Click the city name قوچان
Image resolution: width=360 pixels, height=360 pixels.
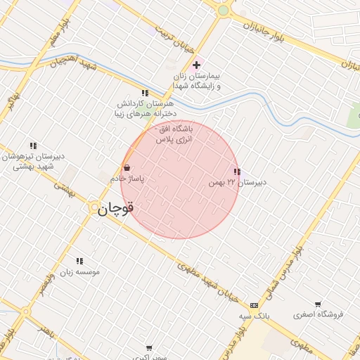[x=115, y=209]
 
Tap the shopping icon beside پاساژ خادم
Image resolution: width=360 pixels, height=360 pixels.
[x=127, y=168]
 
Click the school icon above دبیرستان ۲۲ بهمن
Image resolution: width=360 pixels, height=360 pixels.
[x=237, y=172]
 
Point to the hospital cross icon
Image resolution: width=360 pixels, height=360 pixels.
[x=196, y=65]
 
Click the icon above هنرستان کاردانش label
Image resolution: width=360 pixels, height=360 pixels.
[x=145, y=92]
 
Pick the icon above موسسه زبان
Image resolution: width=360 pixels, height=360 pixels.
[x=79, y=261]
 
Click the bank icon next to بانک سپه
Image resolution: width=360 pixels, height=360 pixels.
[x=253, y=305]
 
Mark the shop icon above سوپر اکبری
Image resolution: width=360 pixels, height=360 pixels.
[x=149, y=347]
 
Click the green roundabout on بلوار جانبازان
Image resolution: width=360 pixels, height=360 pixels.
[x=224, y=10]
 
